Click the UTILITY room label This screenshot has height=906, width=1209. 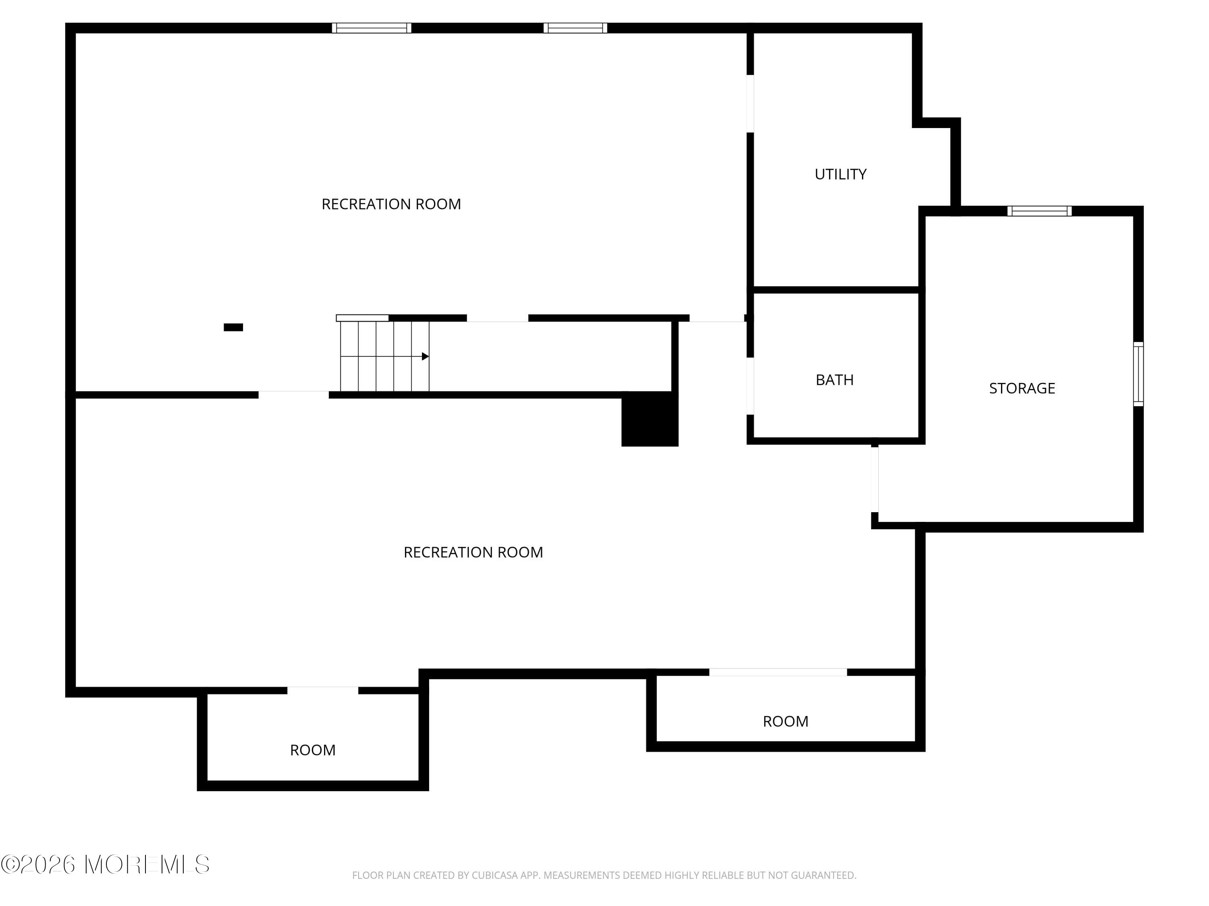840,174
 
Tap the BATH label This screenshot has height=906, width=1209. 834,380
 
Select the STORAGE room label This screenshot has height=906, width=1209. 1022,388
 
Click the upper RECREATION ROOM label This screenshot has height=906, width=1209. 391,204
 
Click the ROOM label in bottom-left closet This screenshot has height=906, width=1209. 313,750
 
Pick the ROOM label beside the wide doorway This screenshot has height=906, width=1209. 785,722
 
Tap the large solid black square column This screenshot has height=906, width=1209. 650,420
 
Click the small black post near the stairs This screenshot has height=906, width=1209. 233,327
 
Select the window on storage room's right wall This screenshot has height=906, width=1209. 1138,374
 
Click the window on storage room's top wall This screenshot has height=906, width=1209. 1039,211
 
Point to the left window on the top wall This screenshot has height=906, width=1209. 371,28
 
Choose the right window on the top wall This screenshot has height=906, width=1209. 575,28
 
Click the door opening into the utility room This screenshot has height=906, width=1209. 750,103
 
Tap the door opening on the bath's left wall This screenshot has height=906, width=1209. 750,386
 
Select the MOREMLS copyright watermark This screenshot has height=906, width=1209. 105,865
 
